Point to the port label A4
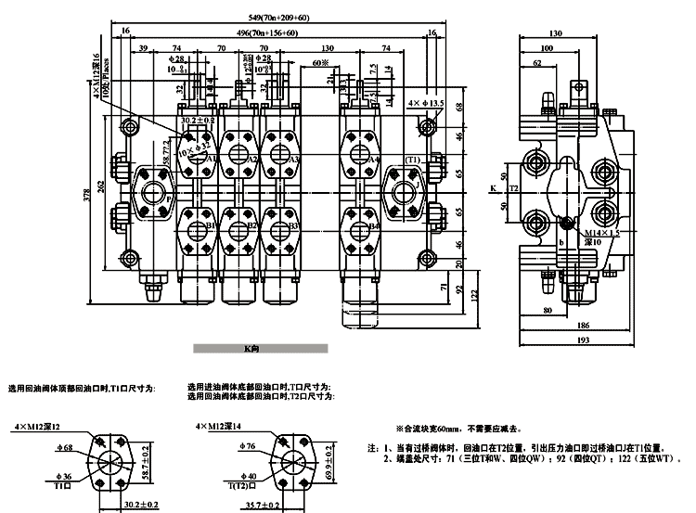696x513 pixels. click(x=374, y=160)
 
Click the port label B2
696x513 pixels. click(x=251, y=225)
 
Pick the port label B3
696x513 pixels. click(x=293, y=225)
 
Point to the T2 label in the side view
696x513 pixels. click(x=515, y=188)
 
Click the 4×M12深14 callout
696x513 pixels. click(x=218, y=425)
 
